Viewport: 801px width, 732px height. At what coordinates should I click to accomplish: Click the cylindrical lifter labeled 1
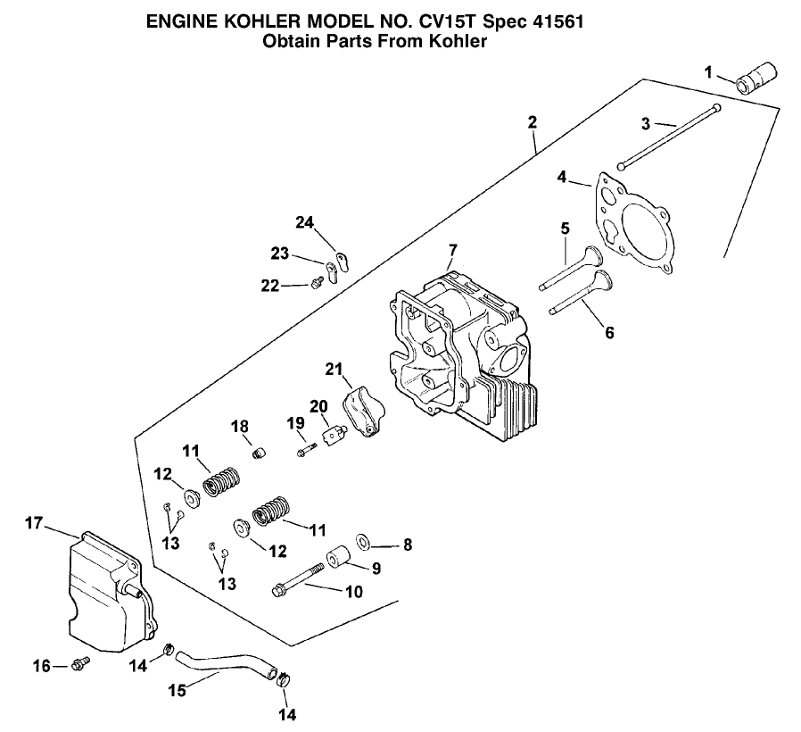[x=756, y=73]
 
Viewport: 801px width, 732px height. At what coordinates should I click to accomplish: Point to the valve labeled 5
[x=571, y=269]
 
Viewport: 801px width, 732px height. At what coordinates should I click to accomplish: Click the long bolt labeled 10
[x=302, y=589]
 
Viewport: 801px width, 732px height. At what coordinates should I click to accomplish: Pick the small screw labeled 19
[x=307, y=452]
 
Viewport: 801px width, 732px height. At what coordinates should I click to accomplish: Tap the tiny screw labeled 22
[x=317, y=284]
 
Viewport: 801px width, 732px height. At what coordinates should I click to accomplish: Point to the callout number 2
[x=532, y=122]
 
